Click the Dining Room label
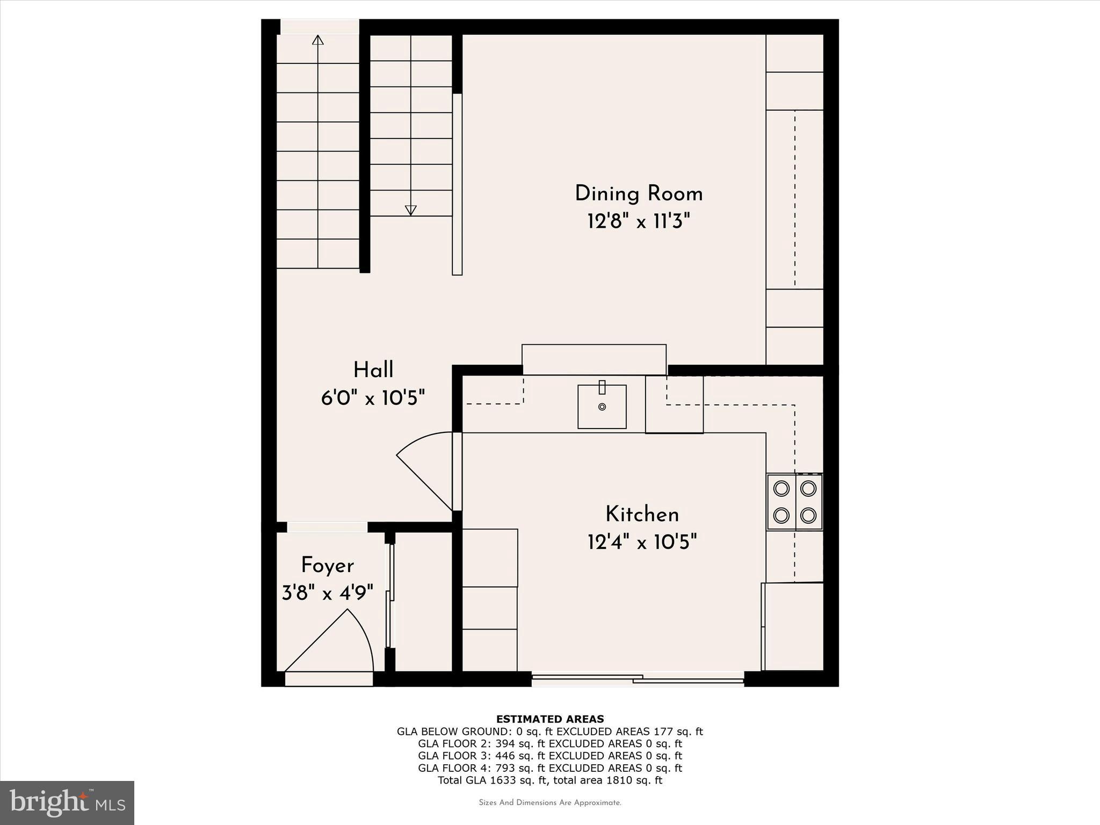coord(639,194)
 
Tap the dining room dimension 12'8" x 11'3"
coord(639,221)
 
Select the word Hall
coord(373,370)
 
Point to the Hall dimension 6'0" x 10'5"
coord(373,398)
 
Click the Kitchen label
coord(642,515)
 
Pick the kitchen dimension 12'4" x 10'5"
coord(642,542)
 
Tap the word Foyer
coord(327,566)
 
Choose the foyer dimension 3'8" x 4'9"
coord(327,593)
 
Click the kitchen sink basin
coord(602,407)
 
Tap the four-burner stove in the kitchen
coord(794,502)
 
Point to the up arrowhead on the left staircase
coord(318,40)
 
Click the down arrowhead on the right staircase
coord(411,210)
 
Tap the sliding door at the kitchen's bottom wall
coord(638,679)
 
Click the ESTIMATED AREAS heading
coord(550,719)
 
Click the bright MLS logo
coord(67,802)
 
